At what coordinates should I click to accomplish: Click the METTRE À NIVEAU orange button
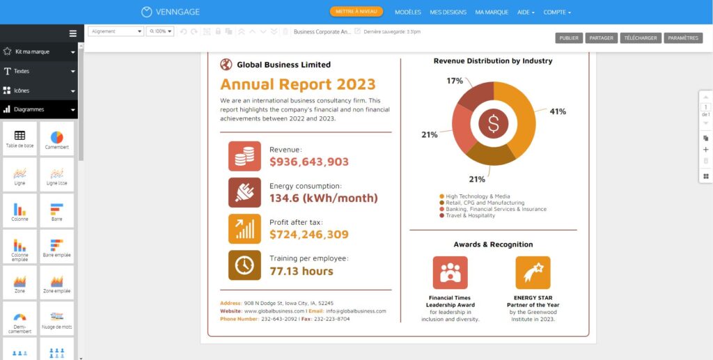point(356,12)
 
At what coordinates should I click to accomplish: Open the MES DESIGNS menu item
point(448,13)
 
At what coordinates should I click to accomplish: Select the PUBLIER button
point(569,38)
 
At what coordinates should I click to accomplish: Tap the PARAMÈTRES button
point(683,38)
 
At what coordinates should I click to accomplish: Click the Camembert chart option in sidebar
point(57,139)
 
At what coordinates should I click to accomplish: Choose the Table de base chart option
point(19,139)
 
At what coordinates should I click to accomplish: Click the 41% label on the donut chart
point(558,111)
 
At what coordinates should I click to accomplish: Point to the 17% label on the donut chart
point(455,81)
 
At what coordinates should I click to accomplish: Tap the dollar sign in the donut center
point(494,124)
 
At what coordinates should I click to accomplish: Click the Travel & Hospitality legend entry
point(470,216)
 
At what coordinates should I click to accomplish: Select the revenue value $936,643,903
point(309,162)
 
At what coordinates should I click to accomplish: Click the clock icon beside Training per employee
point(244,265)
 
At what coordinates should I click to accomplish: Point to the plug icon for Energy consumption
point(244,193)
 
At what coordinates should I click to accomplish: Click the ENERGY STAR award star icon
point(533,272)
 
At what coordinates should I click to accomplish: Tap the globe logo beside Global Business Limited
point(226,65)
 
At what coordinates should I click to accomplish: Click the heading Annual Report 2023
point(297,85)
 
